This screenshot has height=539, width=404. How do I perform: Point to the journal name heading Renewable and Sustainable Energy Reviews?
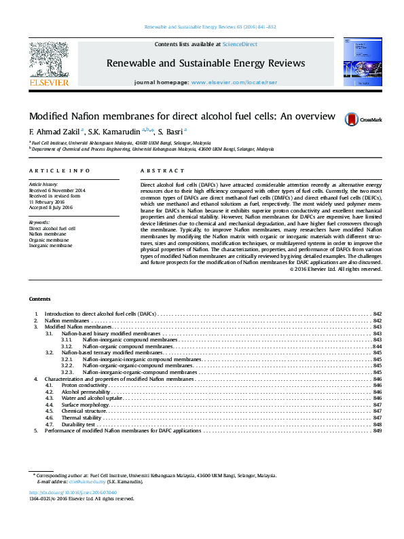pos(206,63)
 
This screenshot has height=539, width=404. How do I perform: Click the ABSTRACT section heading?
pos(162,171)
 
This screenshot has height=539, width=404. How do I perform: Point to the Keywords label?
pos(39,222)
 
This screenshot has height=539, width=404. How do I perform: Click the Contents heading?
pos(39,299)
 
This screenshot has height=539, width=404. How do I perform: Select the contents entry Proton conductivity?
pos(84,385)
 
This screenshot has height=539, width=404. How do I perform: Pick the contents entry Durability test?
pos(81,424)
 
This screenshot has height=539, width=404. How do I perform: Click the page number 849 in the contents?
pos(378,431)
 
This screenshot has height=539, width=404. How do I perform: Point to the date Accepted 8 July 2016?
pos(52,208)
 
